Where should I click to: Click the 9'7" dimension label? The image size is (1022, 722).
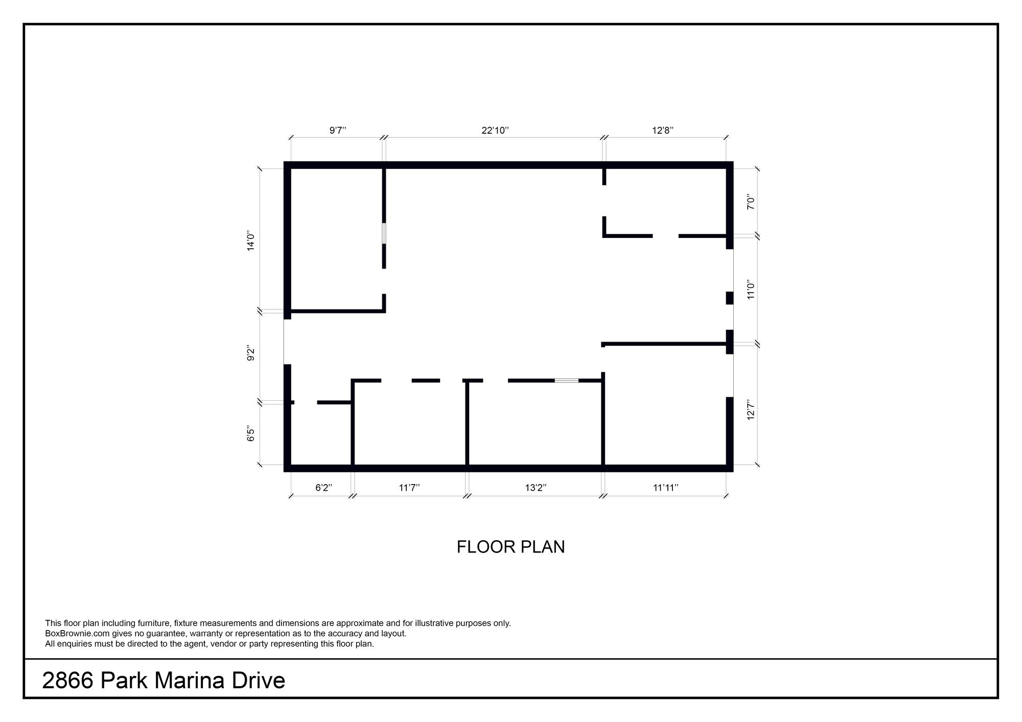[x=338, y=130]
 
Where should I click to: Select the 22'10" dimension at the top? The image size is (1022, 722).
[x=495, y=130]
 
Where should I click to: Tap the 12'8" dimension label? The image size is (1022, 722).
[x=663, y=130]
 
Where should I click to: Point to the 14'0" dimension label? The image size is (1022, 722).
[x=251, y=241]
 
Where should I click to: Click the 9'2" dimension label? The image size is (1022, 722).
[x=251, y=353]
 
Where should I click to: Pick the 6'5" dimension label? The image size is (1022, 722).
[x=251, y=434]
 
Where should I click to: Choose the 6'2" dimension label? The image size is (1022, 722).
[x=324, y=488]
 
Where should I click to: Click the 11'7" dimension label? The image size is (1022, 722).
[x=409, y=488]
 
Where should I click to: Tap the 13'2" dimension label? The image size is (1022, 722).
[x=536, y=488]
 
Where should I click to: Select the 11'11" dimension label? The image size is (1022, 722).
[x=666, y=488]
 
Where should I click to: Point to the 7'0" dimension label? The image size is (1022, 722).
[x=751, y=202]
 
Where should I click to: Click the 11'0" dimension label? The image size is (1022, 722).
[x=751, y=289]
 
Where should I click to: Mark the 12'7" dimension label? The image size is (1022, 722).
[x=751, y=410]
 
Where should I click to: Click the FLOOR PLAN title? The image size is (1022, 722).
[x=510, y=547]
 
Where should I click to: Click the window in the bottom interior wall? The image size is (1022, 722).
[x=567, y=380]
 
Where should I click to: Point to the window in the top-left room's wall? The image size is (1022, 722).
[x=384, y=233]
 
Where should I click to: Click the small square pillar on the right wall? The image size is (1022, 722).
[x=730, y=298]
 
